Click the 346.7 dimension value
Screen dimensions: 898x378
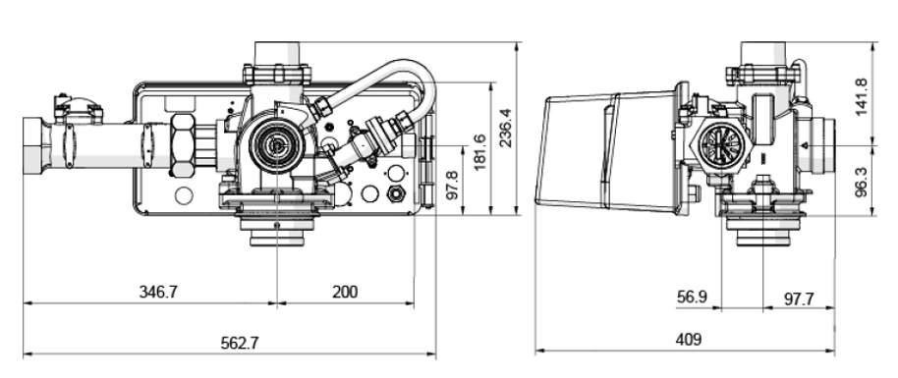[x=158, y=292]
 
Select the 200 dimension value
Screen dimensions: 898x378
[x=345, y=292]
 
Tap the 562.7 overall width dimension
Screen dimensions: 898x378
[x=240, y=343]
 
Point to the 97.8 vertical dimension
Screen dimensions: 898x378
[x=452, y=185]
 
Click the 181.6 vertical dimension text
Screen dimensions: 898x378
[x=479, y=152]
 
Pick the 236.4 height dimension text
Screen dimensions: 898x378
[x=505, y=128]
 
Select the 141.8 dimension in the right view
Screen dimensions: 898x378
[x=861, y=97]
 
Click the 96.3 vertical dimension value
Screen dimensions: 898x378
[x=861, y=183]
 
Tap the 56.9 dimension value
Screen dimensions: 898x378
[x=692, y=297]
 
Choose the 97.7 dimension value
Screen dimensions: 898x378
[x=799, y=298]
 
